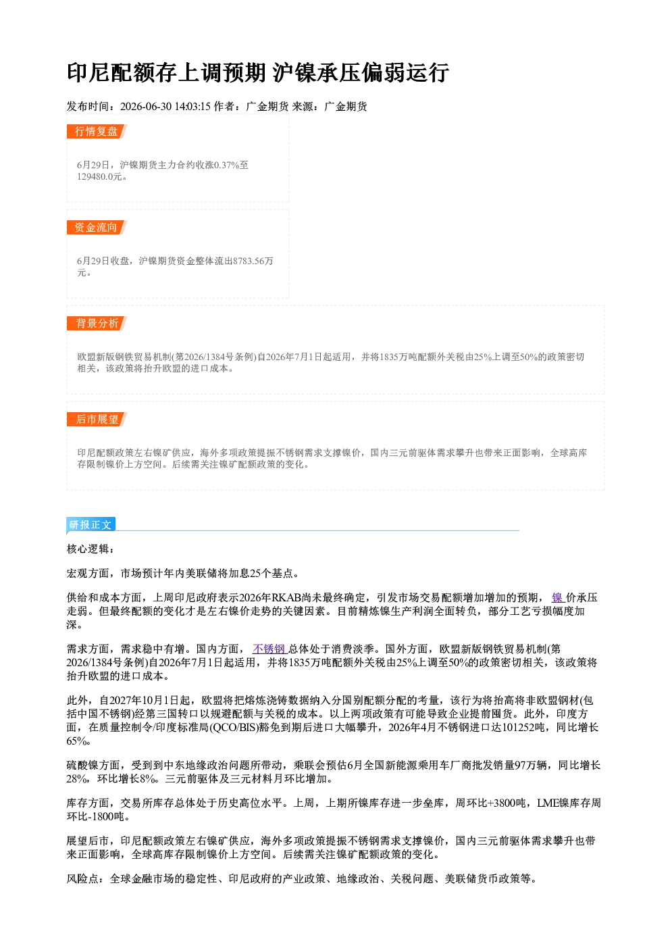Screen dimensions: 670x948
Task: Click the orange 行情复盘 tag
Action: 97,131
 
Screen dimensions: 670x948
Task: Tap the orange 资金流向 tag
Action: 97,227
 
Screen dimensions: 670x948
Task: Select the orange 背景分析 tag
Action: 97,324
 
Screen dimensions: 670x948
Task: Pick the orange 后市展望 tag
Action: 97,420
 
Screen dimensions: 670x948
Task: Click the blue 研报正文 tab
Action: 91,525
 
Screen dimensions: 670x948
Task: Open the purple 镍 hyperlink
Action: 557,597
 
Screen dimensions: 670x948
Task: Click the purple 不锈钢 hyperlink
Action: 270,649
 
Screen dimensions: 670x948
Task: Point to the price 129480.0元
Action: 99,177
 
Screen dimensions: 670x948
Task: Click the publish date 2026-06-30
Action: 145,106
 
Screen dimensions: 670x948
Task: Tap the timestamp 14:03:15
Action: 192,106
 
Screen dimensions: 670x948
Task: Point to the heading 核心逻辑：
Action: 91,549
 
